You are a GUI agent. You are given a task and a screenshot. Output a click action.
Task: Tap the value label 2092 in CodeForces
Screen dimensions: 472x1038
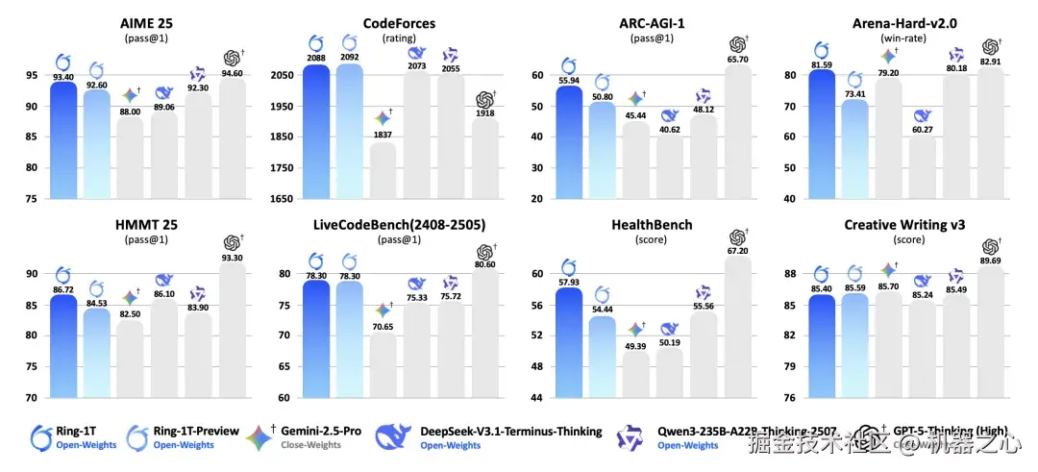(349, 56)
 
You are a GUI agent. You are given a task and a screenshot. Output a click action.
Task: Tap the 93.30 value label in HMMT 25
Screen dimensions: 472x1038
(232, 258)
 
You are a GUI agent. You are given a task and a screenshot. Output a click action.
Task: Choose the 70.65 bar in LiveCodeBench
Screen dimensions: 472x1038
(382, 365)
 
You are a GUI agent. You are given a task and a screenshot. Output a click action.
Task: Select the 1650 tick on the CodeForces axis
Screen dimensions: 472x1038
(279, 199)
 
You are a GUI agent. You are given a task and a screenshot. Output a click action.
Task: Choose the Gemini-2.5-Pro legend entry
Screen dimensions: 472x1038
(320, 431)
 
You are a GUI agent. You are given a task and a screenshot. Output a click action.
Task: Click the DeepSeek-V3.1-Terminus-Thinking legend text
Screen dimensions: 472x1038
(510, 431)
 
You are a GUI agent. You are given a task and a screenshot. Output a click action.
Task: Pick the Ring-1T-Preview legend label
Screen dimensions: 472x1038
(196, 431)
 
